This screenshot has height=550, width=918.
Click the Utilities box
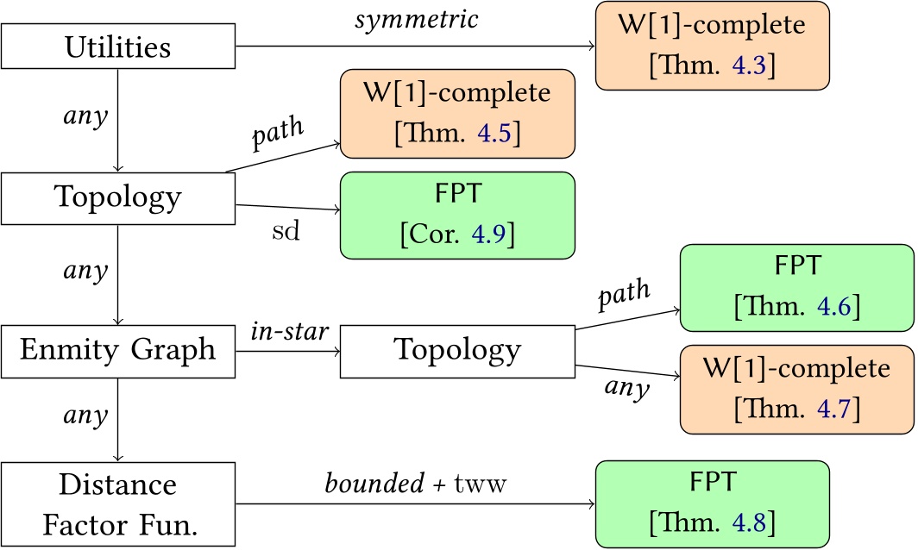(x=118, y=46)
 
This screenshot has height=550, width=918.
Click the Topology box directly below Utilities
(x=118, y=197)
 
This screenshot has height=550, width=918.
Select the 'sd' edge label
(x=286, y=232)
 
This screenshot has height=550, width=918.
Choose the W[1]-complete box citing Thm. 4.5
(x=457, y=113)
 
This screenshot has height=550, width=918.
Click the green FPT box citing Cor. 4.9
(x=457, y=215)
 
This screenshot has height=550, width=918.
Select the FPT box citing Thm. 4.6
(x=796, y=288)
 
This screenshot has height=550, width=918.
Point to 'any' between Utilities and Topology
(x=87, y=116)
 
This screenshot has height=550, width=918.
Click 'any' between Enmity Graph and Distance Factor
(x=87, y=415)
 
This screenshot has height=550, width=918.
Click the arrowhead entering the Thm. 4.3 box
(x=591, y=46)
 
